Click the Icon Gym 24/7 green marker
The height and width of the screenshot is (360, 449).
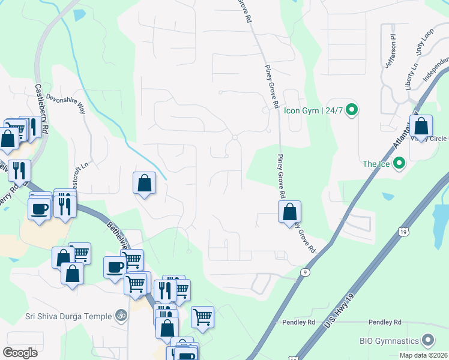[x=352, y=110]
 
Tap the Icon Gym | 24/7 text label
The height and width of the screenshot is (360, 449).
[x=312, y=110]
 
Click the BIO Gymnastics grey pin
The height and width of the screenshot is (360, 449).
[x=428, y=341]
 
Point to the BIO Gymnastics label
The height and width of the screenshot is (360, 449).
[x=389, y=341]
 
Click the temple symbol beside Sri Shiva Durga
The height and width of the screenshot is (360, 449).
[x=121, y=315]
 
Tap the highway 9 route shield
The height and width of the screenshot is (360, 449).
[x=306, y=272]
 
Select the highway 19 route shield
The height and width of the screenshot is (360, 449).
[x=402, y=231]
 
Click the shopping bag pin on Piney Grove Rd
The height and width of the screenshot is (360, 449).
[x=290, y=212]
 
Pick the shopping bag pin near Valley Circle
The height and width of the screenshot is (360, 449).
[x=421, y=127]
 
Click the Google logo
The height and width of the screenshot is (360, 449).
[x=20, y=353]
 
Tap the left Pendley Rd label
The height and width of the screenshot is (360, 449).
[x=299, y=322]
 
